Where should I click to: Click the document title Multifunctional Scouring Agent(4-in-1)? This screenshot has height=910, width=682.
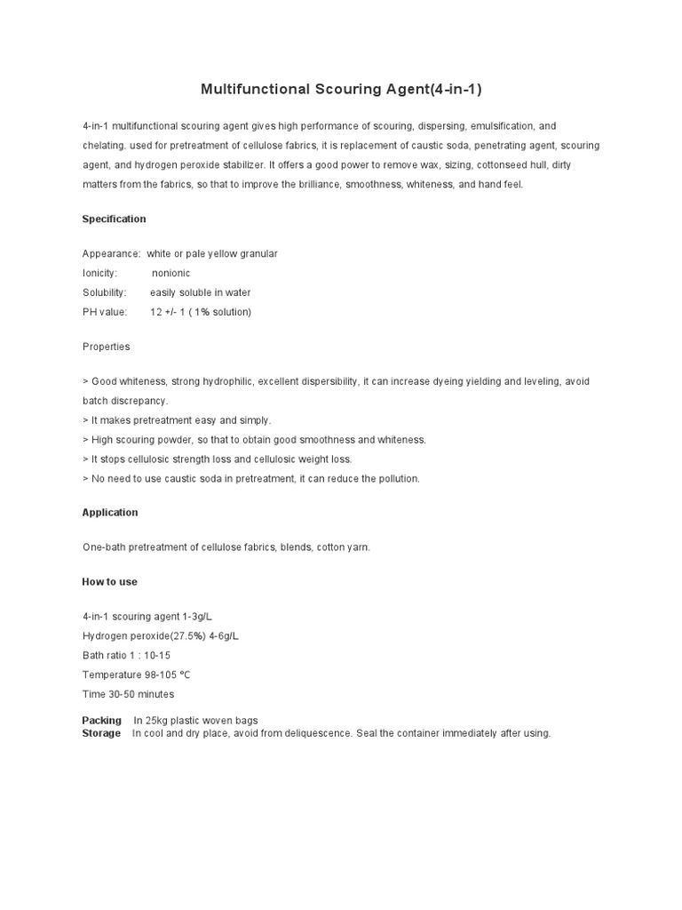pyautogui.click(x=341, y=89)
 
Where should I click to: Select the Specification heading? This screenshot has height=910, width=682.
pyautogui.click(x=114, y=219)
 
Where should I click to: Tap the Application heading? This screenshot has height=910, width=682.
pyautogui.click(x=110, y=513)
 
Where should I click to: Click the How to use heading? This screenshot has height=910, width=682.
pyautogui.click(x=109, y=582)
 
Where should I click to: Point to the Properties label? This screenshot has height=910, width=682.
pyautogui.click(x=106, y=347)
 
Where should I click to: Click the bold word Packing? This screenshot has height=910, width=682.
pyautogui.click(x=101, y=721)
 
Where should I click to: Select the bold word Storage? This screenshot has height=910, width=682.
pyautogui.click(x=101, y=733)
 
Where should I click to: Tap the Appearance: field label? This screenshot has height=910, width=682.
pyautogui.click(x=111, y=254)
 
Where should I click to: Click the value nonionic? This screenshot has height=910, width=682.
pyautogui.click(x=170, y=274)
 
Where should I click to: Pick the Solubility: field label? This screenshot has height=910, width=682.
pyautogui.click(x=104, y=293)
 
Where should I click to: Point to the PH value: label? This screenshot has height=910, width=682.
pyautogui.click(x=105, y=313)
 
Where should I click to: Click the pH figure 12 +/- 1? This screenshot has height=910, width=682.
pyautogui.click(x=168, y=313)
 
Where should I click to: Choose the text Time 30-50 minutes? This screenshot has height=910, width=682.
pyautogui.click(x=128, y=695)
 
